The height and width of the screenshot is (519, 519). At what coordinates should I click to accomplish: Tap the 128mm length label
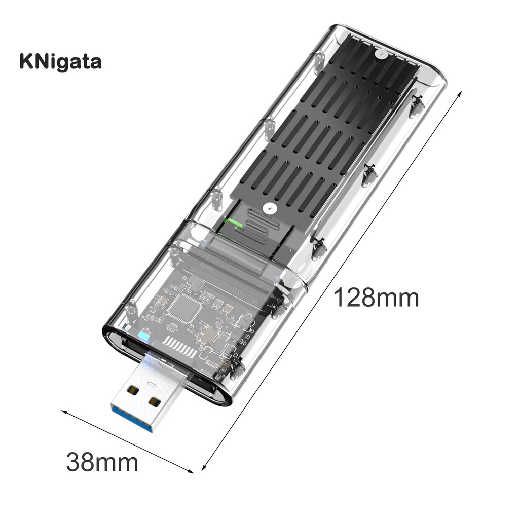[x=376, y=298]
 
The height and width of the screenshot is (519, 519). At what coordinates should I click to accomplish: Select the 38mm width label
[x=102, y=462]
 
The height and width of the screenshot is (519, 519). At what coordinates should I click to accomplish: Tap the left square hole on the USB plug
[x=133, y=391]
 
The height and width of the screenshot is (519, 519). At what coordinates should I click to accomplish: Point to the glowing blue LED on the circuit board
[x=143, y=336]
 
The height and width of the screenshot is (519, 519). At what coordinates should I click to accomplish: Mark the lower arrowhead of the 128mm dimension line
[x=204, y=469]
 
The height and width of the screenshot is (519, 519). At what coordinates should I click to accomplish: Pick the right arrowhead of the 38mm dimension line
[x=192, y=471]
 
